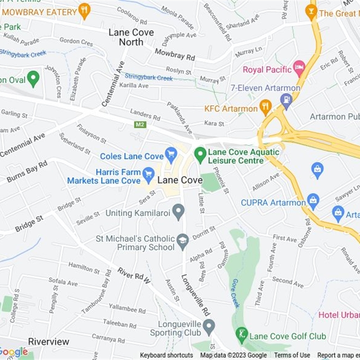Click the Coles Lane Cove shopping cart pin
pyautogui.click(x=171, y=155)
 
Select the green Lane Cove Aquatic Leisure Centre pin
pyautogui.click(x=200, y=155)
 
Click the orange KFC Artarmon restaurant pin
pyautogui.click(x=265, y=107)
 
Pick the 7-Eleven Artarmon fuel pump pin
pyautogui.click(x=286, y=100)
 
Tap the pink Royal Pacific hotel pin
pyautogui.click(x=299, y=69)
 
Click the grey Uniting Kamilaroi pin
pyautogui.click(x=179, y=211)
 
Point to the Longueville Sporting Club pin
pyautogui.click(x=208, y=326)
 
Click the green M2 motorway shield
pyautogui.click(x=140, y=124)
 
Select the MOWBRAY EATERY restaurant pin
pyautogui.click(x=84, y=11)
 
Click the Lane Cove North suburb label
pyautogui.click(x=131, y=37)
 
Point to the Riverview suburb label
pyautogui.click(x=49, y=342)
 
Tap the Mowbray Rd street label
pyautogui.click(x=175, y=54)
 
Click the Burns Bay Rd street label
pyautogui.click(x=27, y=171)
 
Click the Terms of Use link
pyautogui.click(x=292, y=355)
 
